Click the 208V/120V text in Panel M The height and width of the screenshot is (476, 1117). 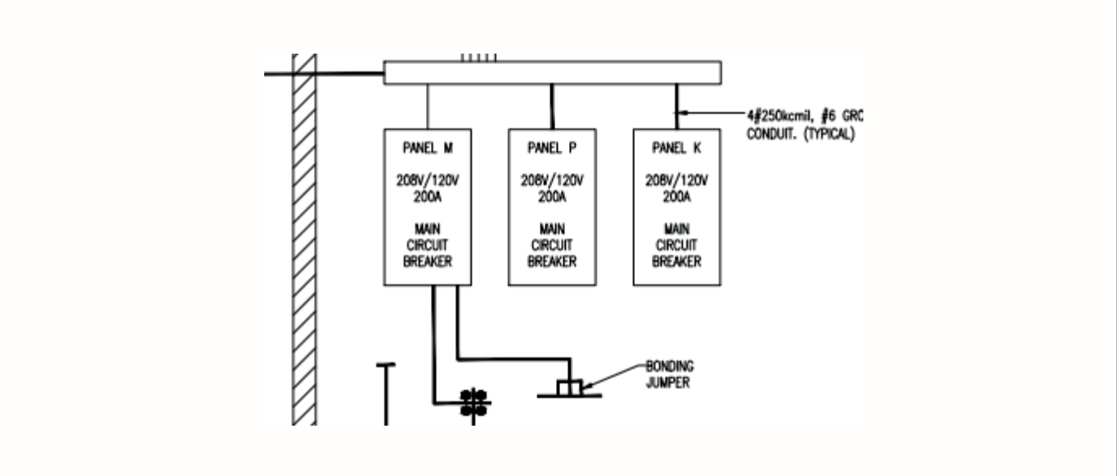(428, 180)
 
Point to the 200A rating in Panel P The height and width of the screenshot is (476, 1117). (552, 196)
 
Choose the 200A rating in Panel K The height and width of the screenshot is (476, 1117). (676, 196)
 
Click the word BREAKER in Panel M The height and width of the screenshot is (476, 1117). (428, 262)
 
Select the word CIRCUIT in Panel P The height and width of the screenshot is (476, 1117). (552, 245)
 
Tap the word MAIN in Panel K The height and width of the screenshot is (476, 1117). (676, 230)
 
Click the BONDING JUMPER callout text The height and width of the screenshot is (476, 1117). (670, 374)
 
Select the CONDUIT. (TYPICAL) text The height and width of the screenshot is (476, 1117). (800, 134)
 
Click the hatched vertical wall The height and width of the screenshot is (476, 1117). (304, 244)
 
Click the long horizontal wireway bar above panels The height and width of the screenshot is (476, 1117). (552, 72)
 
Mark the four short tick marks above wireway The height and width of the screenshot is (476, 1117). (479, 58)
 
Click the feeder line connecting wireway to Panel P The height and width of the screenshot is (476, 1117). (553, 106)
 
